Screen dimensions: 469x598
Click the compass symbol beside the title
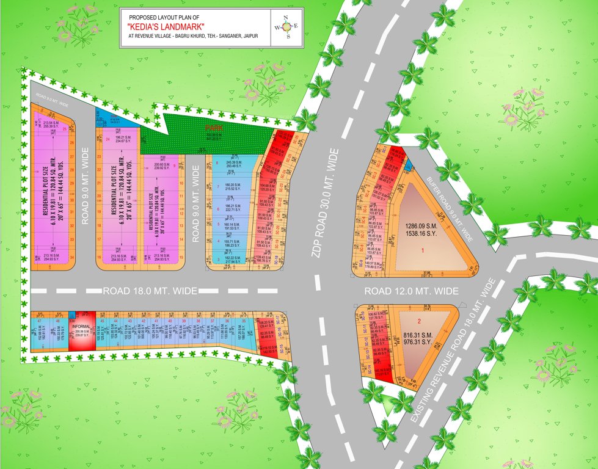(286, 27)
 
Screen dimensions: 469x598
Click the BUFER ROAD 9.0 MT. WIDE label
(450, 206)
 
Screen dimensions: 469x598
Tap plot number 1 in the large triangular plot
(422, 250)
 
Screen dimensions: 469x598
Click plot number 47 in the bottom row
(39, 321)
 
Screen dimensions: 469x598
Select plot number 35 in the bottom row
(244, 321)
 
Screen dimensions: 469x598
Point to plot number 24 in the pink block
(108, 139)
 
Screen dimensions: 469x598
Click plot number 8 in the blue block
(217, 162)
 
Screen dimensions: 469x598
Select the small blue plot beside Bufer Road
(409, 165)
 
